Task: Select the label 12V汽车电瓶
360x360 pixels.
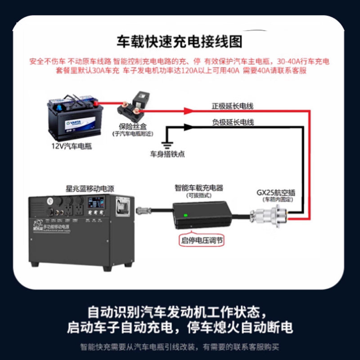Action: (x=72, y=147)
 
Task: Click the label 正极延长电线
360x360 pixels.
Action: (x=233, y=107)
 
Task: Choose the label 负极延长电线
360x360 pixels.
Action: (x=233, y=122)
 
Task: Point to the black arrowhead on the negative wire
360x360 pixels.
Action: (x=187, y=127)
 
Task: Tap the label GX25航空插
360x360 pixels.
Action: (x=276, y=192)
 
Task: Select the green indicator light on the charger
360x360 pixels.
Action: (x=185, y=215)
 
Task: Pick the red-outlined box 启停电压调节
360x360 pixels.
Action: (x=202, y=240)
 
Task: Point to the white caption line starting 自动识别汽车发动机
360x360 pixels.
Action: (x=180, y=311)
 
